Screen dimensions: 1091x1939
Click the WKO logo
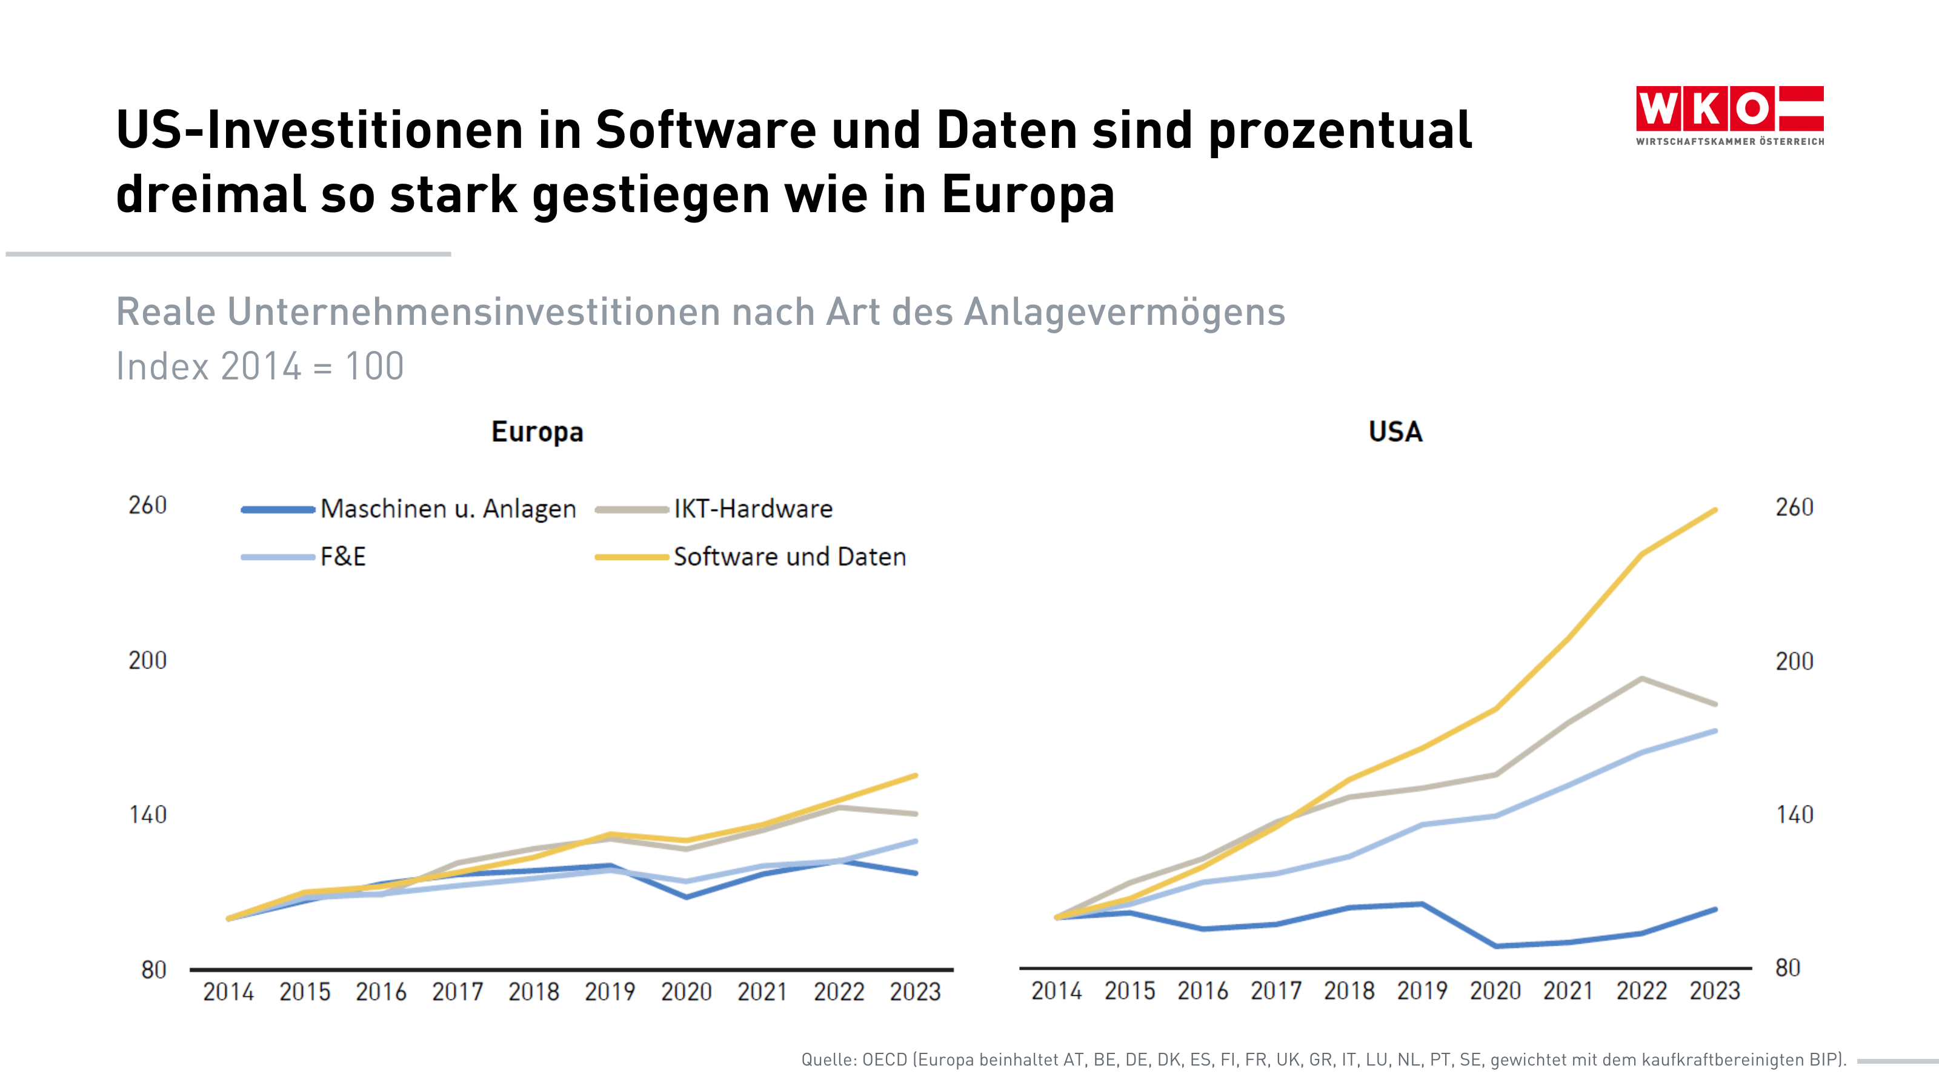1729,115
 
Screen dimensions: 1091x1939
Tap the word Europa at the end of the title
1028,194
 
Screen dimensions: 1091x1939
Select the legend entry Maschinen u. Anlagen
447,509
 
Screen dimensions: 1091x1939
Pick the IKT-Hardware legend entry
752,509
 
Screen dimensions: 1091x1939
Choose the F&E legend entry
342,557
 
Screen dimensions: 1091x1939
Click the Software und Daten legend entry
789,557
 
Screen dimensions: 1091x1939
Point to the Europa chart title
537,432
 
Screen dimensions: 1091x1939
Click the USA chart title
1395,432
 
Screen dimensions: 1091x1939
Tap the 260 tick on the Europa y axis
147,505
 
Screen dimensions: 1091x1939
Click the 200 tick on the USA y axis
1794,661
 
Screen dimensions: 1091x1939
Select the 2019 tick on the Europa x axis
610,992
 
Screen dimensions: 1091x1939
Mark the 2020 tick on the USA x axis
1495,991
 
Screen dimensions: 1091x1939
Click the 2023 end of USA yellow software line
1715,510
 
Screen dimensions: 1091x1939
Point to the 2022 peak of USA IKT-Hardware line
1641,678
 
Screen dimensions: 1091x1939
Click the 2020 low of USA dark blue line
1495,946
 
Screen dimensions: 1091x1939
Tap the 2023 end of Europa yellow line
916,776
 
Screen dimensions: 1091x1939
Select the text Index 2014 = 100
260,367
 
